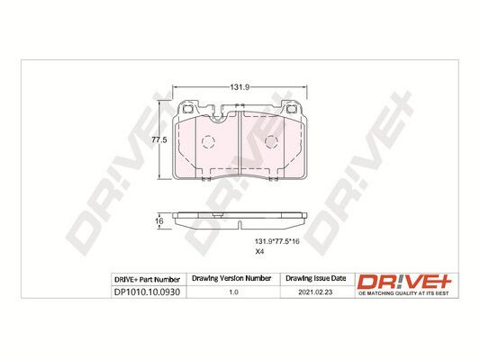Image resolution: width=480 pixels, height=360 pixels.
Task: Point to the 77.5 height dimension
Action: pyautogui.click(x=159, y=140)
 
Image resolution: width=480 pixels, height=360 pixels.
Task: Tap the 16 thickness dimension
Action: pyautogui.click(x=159, y=220)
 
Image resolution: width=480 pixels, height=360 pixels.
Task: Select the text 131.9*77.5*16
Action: pyautogui.click(x=277, y=241)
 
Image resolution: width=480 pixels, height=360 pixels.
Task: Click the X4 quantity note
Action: pyautogui.click(x=259, y=252)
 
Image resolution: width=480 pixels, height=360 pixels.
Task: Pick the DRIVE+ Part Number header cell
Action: pyautogui.click(x=147, y=280)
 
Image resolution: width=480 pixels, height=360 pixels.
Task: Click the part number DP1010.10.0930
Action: pyautogui.click(x=147, y=292)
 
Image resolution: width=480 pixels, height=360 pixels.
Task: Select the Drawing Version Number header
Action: pyautogui.click(x=231, y=278)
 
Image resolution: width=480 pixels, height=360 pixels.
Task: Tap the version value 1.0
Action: pyautogui.click(x=233, y=292)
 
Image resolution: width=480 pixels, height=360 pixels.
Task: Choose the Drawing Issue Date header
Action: pyautogui.click(x=315, y=278)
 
